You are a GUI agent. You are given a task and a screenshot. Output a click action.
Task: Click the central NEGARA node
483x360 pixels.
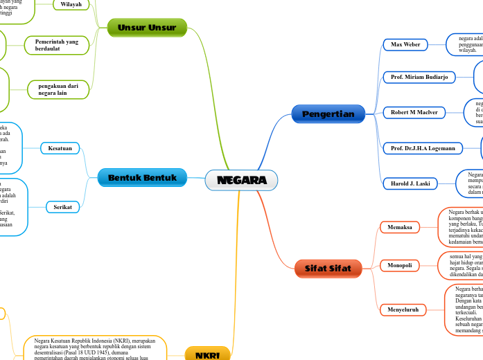pyautogui.click(x=241, y=180)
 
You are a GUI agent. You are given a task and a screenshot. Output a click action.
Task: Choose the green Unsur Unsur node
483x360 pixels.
pyautogui.click(x=147, y=28)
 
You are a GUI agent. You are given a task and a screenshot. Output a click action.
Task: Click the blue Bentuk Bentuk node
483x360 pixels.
pyautogui.click(x=142, y=178)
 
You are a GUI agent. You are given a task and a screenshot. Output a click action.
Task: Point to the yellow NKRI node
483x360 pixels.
pyautogui.click(x=208, y=354)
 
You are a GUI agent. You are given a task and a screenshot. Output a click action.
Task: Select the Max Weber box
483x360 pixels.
pyautogui.click(x=405, y=44)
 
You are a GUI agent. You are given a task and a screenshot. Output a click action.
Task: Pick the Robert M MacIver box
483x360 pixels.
pyautogui.click(x=414, y=111)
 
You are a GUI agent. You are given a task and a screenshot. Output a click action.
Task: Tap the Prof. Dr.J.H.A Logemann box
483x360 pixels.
pyautogui.click(x=422, y=147)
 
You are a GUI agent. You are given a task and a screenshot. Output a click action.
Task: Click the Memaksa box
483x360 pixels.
pyautogui.click(x=400, y=227)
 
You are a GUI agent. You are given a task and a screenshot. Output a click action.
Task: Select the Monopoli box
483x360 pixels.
pyautogui.click(x=400, y=265)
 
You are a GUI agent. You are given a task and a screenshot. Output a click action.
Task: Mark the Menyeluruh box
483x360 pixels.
pyautogui.click(x=403, y=309)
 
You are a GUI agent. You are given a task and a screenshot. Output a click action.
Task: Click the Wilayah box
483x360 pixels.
pyautogui.click(x=71, y=3)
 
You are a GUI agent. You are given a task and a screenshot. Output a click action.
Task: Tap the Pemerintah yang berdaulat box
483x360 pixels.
pyautogui.click(x=57, y=46)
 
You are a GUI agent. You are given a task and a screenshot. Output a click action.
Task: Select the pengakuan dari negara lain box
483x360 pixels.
pyautogui.click(x=58, y=89)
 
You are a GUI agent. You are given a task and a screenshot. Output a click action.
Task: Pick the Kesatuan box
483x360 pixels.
pyautogui.click(x=60, y=148)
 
